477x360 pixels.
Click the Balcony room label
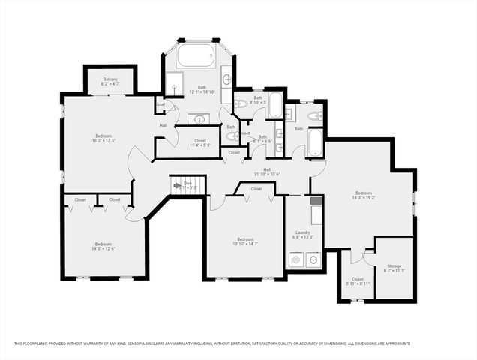109,82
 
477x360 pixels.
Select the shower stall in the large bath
174,82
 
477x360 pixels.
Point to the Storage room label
394,268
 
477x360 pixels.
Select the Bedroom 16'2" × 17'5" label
104,118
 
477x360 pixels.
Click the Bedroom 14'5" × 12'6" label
103,247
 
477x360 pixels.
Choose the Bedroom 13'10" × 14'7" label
245,241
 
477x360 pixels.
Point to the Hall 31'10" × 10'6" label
266,172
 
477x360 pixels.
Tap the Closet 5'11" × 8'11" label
357,281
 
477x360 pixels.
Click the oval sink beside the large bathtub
226,78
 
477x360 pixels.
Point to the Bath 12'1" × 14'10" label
201,89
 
